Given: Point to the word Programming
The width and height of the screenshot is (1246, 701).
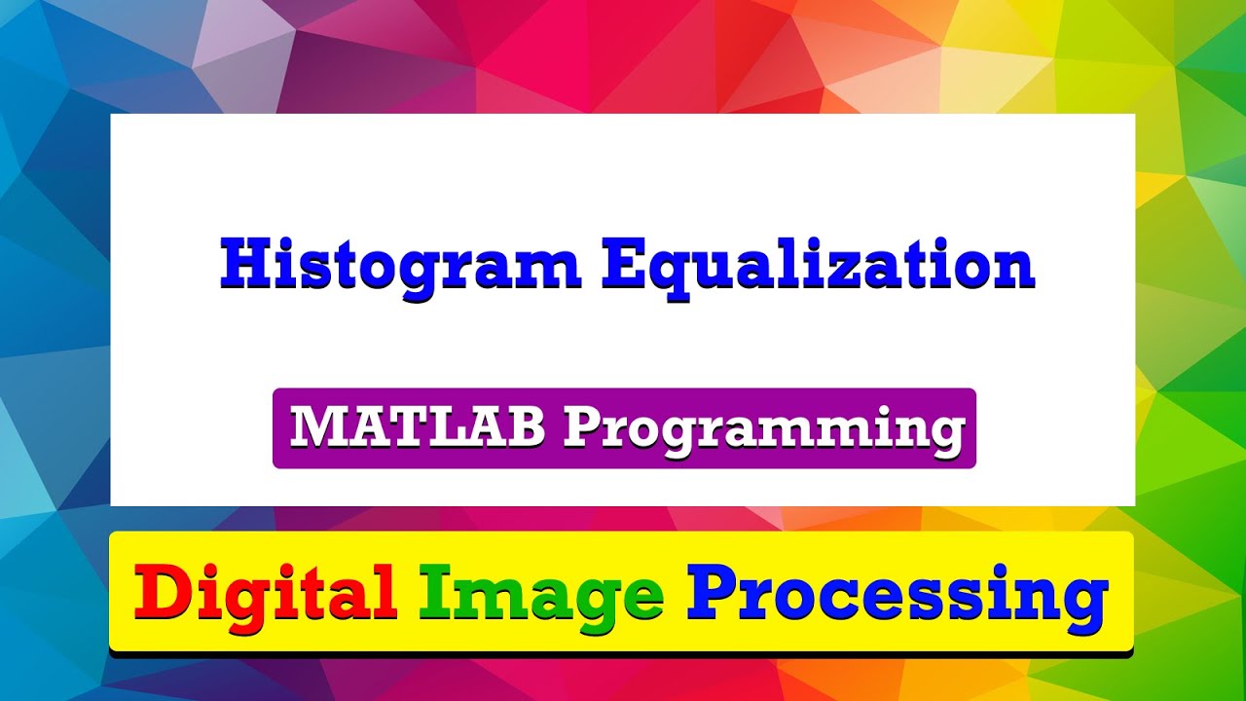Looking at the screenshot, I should tap(761, 428).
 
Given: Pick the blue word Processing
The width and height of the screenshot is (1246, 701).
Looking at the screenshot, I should tap(897, 593).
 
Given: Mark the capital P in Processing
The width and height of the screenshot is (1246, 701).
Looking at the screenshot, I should tap(715, 591).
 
